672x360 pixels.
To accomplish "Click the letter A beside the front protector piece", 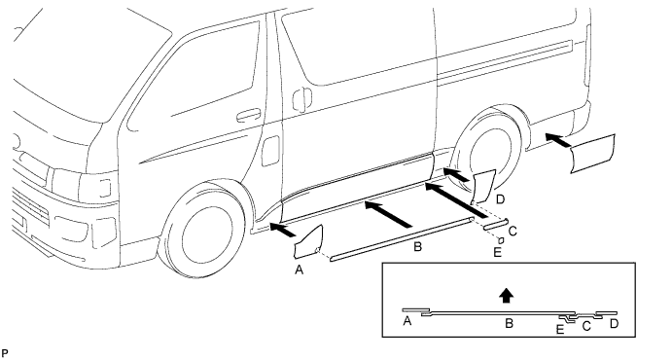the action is click(300, 270).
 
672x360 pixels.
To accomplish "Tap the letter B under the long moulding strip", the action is click(417, 247).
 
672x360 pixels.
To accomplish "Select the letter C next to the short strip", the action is click(513, 231).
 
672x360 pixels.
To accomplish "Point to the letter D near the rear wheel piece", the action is click(500, 198).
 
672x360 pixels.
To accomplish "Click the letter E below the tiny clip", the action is click(497, 252).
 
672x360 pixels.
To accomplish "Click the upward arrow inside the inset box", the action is click(507, 295).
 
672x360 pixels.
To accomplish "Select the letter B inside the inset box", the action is click(510, 323).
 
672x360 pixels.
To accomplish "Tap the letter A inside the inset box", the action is click(407, 320).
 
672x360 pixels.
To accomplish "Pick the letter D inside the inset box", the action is click(615, 324).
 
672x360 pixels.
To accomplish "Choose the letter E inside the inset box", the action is click(560, 330).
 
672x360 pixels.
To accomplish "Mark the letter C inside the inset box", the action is click(586, 327).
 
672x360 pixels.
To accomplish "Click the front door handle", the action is click(248, 115).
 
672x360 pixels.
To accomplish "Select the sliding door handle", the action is click(302, 99).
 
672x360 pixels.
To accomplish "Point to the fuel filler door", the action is click(270, 151).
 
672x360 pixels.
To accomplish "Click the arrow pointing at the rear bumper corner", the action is click(559, 141).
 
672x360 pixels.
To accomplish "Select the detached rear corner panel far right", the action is click(593, 154).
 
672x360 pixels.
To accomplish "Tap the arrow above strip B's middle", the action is click(388, 214).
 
